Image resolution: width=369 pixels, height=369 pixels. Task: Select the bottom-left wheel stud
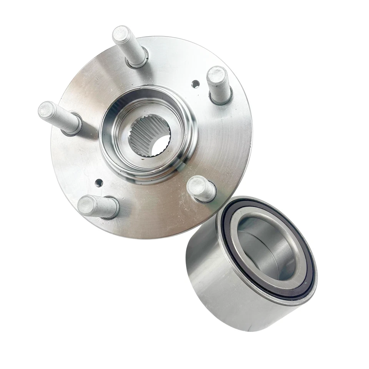98,207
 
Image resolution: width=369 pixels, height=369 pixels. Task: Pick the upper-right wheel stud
219,85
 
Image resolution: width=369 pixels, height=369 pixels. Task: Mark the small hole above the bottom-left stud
99,183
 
